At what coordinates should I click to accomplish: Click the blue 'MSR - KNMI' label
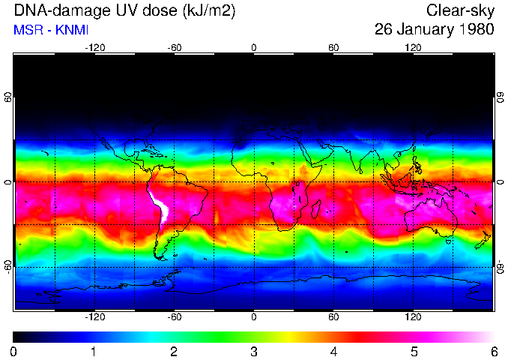[x=52, y=31]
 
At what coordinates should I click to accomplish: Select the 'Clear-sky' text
[x=460, y=10]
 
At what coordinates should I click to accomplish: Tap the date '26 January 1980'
[x=434, y=31]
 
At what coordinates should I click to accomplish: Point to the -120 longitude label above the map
[x=94, y=47]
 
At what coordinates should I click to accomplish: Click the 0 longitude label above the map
[x=254, y=47]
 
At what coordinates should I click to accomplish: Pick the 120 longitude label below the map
[x=413, y=317]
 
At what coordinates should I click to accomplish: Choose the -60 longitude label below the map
[x=174, y=317]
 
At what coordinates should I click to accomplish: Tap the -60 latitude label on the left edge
[x=8, y=266]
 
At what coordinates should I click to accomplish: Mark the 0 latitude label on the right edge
[x=500, y=182]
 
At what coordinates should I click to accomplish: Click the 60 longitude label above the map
[x=333, y=47]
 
